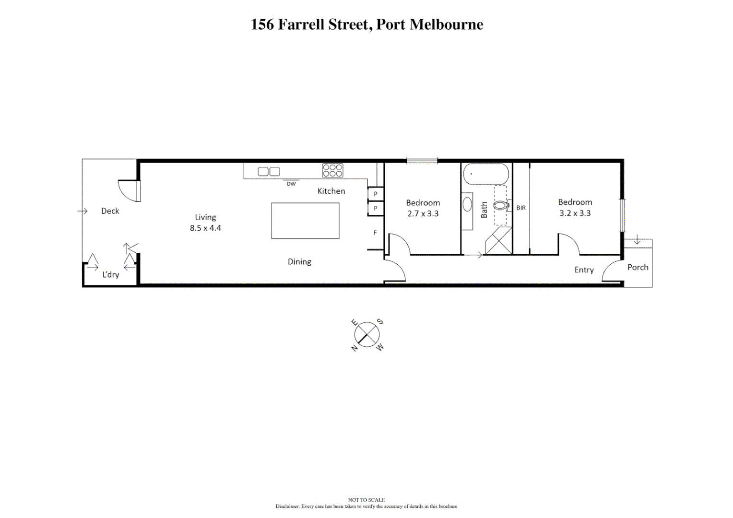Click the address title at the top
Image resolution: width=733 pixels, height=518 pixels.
point(366,24)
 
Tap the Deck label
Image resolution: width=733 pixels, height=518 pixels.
point(110,211)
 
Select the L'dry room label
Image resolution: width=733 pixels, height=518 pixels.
point(110,275)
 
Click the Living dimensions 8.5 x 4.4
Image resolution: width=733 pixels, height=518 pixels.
point(205,228)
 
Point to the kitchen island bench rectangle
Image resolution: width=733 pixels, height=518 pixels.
point(305,221)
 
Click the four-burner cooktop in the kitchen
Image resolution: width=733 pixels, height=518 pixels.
point(332,171)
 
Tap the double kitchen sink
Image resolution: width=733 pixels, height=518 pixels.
point(269,172)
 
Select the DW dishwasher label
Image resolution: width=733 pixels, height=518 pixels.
point(291,184)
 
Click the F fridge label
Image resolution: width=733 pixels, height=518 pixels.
point(375,233)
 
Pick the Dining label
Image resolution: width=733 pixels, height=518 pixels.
point(299,262)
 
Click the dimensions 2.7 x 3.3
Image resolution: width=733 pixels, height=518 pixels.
point(423,214)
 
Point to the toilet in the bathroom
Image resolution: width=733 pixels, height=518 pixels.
point(500,206)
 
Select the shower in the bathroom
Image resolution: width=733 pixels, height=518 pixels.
point(498,241)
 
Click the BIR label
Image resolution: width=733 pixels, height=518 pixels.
point(521,208)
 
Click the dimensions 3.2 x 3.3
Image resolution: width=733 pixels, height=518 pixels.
point(575,213)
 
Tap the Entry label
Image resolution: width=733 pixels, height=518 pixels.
point(584,270)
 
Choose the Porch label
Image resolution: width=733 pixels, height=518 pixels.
point(638,268)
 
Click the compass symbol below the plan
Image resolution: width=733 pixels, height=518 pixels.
point(367,334)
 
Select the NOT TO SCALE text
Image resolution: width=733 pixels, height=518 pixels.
point(366,500)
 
